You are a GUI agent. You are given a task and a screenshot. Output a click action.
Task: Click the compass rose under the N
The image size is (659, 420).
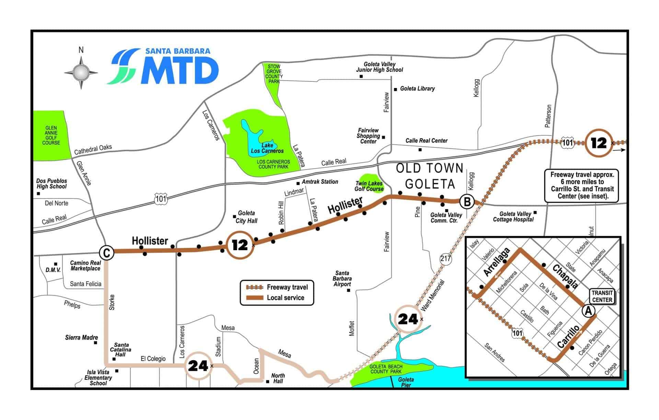click(x=81, y=73)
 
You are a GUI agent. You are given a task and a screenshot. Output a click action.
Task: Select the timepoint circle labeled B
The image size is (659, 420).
click(x=467, y=201)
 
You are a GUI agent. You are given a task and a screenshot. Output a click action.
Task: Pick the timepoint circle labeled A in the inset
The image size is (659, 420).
click(x=588, y=311)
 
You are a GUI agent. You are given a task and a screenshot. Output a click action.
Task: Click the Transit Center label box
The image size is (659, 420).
click(x=602, y=296)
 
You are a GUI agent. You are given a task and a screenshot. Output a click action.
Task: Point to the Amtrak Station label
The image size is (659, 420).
click(x=320, y=182)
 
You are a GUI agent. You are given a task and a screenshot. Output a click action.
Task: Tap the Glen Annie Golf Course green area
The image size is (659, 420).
click(x=50, y=135)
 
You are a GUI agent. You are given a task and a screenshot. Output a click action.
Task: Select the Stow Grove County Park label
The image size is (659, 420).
click(x=274, y=74)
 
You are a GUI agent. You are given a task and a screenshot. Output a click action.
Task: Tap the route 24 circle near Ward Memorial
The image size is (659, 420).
click(x=407, y=319)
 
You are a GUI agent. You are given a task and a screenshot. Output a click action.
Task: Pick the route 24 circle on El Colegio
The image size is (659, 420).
click(x=198, y=366)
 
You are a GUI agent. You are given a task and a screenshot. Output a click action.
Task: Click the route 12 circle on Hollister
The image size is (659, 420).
click(x=240, y=245)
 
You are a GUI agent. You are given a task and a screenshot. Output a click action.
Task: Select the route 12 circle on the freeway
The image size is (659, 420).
click(x=599, y=143)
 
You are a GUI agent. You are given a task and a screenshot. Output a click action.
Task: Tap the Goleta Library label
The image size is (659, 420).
click(x=417, y=89)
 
